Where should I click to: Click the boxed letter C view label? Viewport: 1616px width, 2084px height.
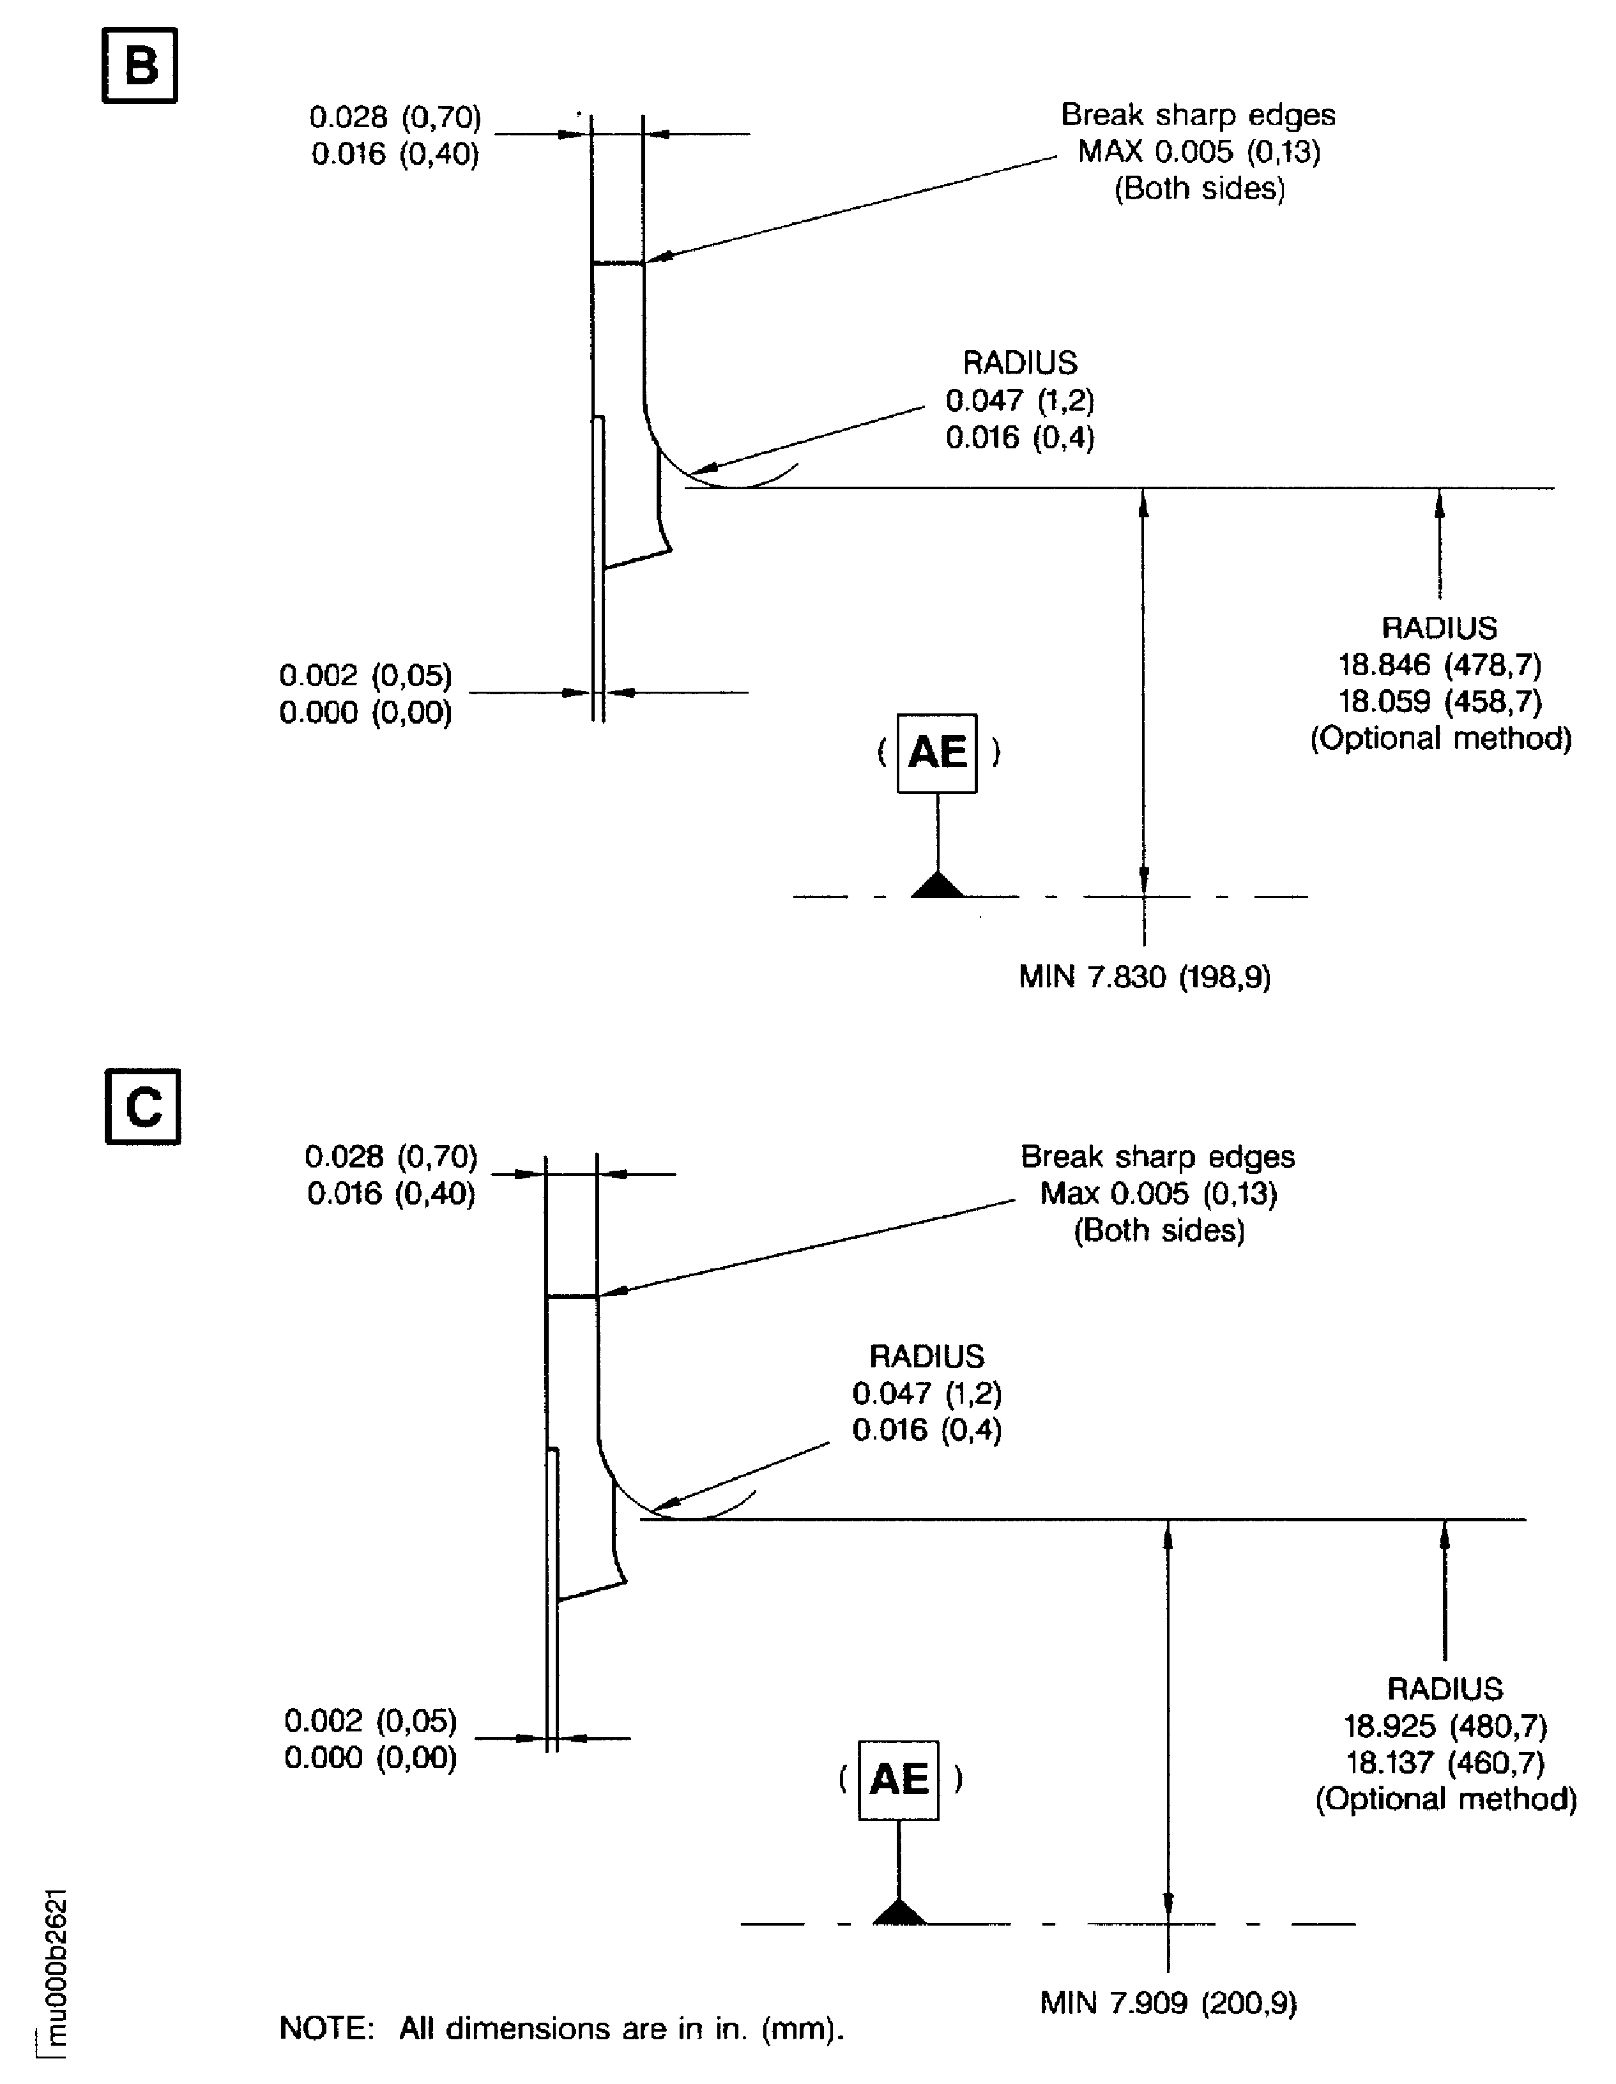[x=142, y=1107]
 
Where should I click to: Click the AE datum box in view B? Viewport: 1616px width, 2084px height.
[x=936, y=753]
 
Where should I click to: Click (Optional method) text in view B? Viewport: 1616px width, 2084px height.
[x=1440, y=738]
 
